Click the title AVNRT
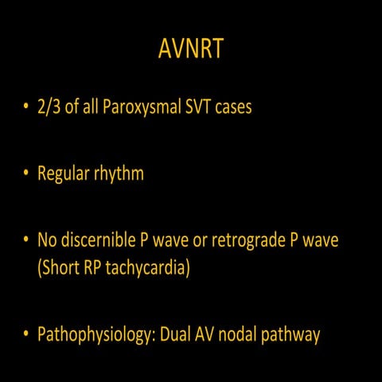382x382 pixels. point(191,50)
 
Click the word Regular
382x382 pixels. point(64,173)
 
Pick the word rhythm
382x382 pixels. point(119,173)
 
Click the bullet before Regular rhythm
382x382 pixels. point(26,174)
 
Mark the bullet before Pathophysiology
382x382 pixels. point(26,334)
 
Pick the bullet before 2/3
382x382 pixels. point(26,107)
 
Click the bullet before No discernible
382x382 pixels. point(26,240)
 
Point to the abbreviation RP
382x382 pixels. point(91,267)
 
